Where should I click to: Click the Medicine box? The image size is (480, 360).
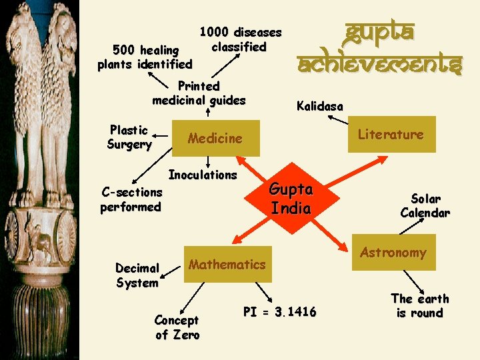click(215, 138)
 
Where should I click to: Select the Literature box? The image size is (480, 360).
click(391, 134)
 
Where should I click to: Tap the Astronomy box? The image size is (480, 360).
click(393, 252)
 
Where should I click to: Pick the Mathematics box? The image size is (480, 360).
click(227, 264)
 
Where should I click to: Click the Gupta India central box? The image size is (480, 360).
click(291, 198)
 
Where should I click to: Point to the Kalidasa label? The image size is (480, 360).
click(320, 106)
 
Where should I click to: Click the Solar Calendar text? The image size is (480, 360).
click(425, 206)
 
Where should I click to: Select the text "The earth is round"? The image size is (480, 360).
click(419, 305)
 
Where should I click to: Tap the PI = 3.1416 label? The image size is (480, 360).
click(280, 311)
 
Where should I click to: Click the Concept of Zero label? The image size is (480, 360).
click(177, 327)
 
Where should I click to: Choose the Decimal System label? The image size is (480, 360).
click(137, 275)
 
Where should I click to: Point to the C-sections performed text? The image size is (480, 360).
click(131, 199)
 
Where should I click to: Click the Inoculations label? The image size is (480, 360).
click(203, 175)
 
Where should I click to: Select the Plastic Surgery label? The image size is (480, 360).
click(129, 137)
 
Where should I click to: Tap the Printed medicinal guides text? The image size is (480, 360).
click(199, 93)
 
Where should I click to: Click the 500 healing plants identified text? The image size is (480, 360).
click(145, 57)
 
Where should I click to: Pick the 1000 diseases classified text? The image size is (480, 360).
click(241, 39)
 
